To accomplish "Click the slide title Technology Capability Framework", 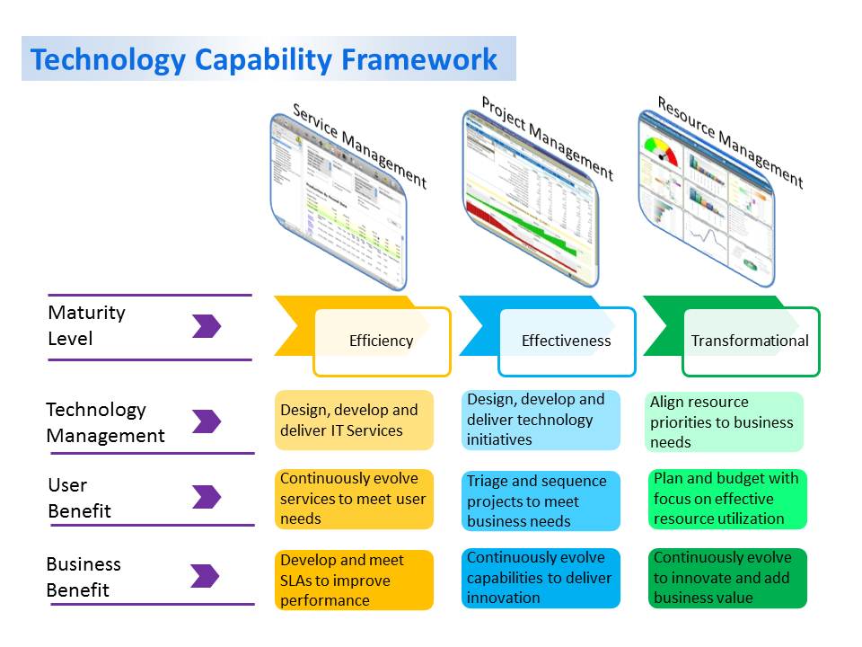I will point(264,59).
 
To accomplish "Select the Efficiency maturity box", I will point(382,341).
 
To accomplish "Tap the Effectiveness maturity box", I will point(567,341).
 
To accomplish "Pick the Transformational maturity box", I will point(751,341).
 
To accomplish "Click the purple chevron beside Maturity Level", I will point(206,326).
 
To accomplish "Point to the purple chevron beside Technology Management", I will point(206,421).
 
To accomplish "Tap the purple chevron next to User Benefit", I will point(206,497).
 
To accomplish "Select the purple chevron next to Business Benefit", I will point(206,576).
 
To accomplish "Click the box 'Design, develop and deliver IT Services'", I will point(354,420).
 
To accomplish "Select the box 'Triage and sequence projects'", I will point(541,501).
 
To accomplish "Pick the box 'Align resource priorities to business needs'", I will point(725,421).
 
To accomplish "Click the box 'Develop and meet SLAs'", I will point(354,580).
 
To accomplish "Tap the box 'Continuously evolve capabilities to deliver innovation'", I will point(541,578).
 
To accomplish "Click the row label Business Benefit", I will point(84,577).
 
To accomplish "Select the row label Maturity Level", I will point(86,325).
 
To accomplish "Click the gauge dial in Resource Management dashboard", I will point(661,149).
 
